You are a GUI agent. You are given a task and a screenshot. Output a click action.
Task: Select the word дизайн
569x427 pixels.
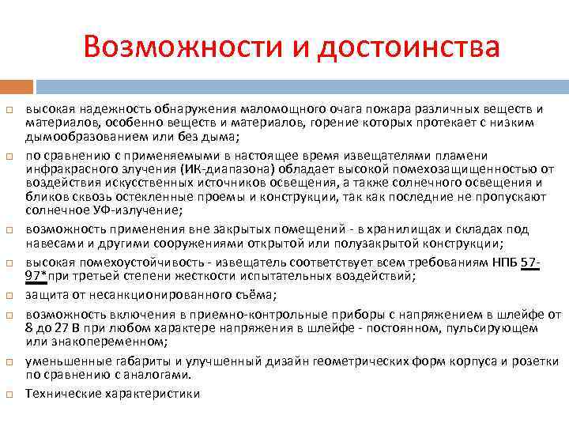278,361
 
